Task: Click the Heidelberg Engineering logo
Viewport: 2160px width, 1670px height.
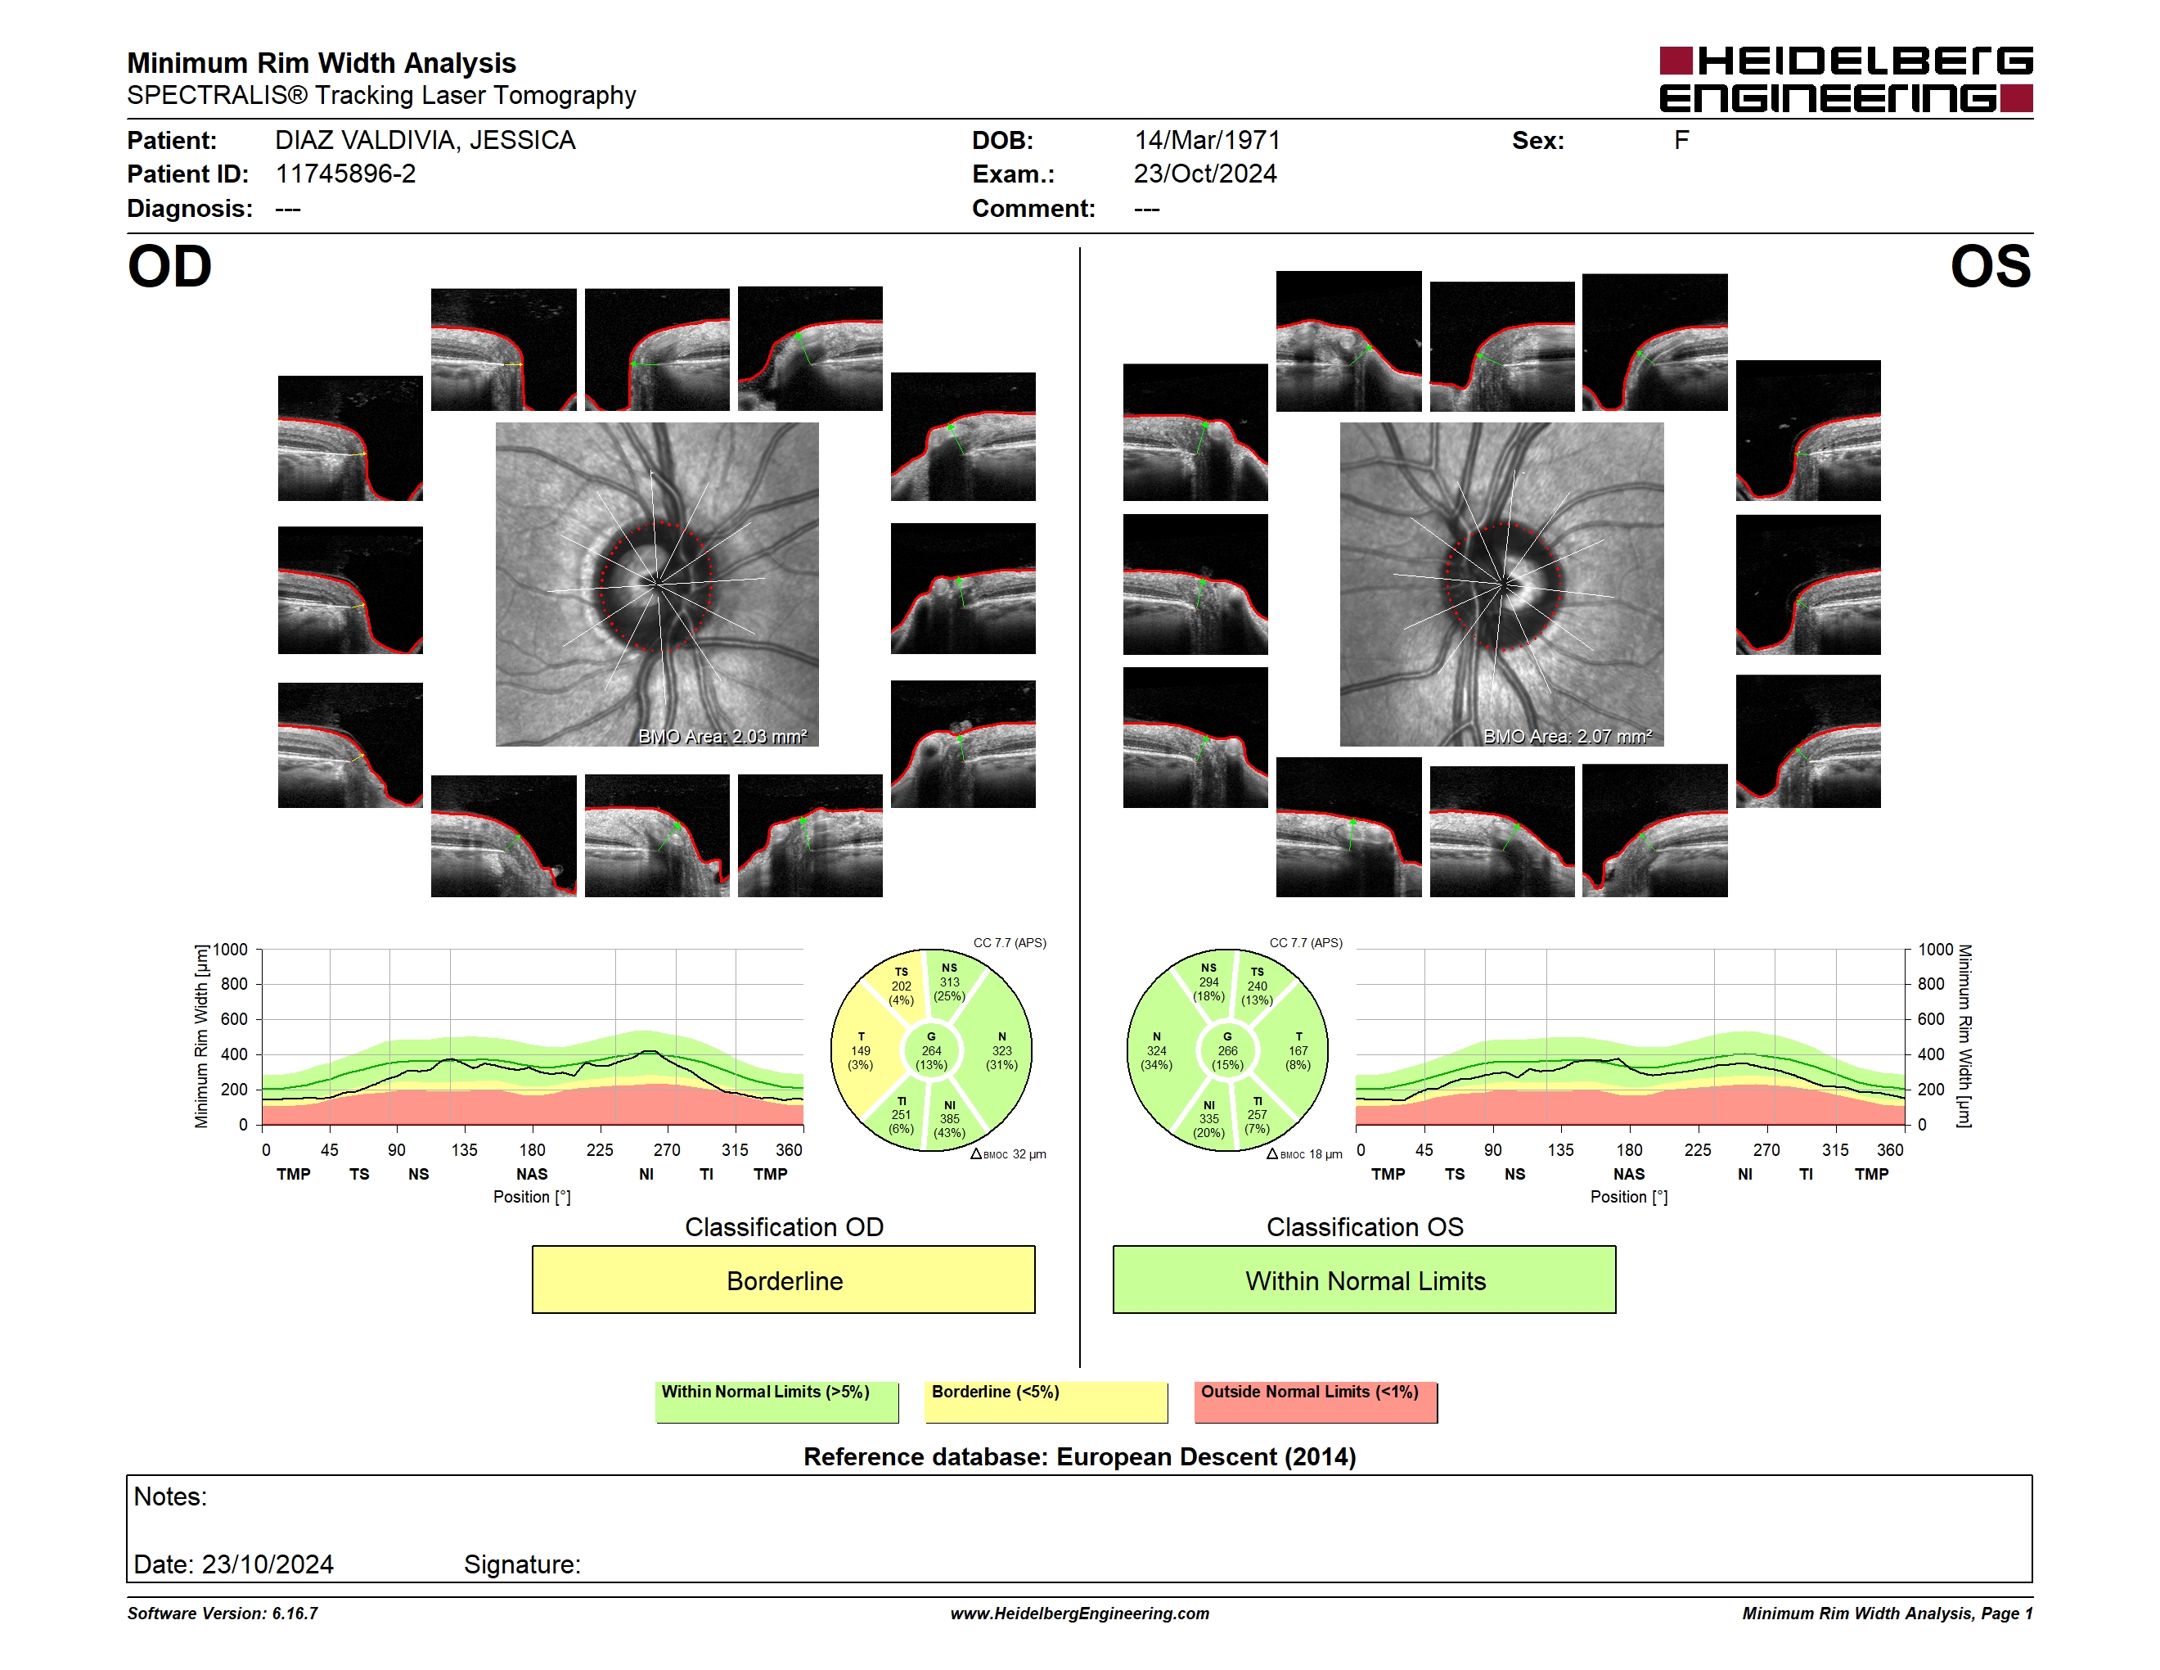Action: coord(1846,79)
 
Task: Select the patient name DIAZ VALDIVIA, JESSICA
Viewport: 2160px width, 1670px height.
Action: coord(425,141)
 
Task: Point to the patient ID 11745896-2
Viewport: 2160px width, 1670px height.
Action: coord(345,174)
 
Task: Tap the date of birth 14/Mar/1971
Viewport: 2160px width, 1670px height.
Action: coord(1207,141)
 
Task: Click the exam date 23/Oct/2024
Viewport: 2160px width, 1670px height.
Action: coord(1204,174)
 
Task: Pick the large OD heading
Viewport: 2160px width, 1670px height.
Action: coord(170,267)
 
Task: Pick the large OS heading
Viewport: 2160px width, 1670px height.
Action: coord(1990,267)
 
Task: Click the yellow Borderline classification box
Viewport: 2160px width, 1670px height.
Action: coord(783,1280)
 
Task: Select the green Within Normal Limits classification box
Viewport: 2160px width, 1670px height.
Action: coord(1364,1280)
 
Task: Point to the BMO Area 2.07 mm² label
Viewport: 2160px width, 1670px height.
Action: coord(1567,736)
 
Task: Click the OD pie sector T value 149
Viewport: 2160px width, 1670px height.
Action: coord(861,1050)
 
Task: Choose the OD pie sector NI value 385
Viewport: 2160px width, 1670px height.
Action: coord(949,1119)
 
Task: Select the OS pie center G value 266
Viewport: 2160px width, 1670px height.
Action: coord(1227,1050)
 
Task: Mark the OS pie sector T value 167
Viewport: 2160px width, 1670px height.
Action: coord(1298,1050)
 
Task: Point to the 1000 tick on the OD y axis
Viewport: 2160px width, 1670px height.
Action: coord(231,950)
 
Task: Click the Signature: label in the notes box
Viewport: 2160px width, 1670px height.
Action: coord(522,1564)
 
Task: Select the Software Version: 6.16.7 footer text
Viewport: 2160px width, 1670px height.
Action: coord(223,1614)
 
